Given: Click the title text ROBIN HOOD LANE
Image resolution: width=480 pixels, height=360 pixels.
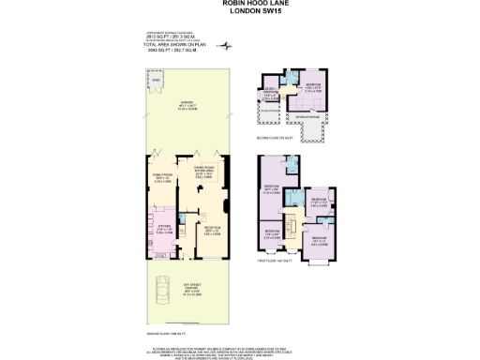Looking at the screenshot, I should tap(240, 4).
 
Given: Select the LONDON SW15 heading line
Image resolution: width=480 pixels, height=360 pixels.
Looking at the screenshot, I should tap(240, 11).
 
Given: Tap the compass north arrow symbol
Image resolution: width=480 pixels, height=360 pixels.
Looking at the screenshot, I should tap(224, 45).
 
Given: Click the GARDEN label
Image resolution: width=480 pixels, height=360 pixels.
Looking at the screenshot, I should tap(187, 106).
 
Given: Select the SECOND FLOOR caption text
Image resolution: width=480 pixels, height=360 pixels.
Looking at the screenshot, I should tap(275, 137).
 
